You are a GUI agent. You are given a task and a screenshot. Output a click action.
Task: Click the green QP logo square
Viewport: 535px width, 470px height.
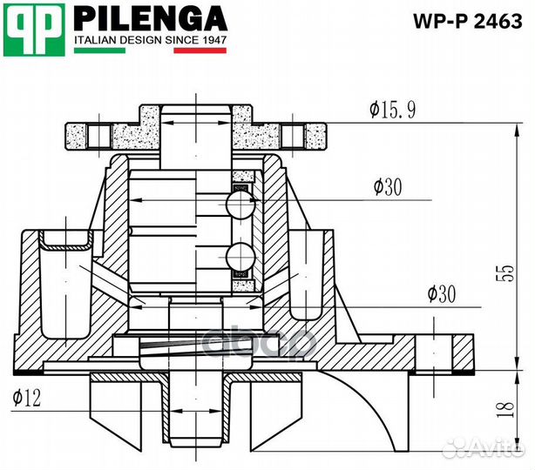coord(34,30)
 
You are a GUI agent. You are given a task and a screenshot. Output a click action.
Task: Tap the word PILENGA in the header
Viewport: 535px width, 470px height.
coord(150,19)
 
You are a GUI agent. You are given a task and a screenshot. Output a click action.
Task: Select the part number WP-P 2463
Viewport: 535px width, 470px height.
coord(468,21)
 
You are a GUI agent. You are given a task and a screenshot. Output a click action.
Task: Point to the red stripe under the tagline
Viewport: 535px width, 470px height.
coord(200,50)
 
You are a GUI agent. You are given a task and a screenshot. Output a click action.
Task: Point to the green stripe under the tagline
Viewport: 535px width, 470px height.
coord(99,50)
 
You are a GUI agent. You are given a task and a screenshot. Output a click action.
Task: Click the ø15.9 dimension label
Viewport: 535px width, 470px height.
coord(393,110)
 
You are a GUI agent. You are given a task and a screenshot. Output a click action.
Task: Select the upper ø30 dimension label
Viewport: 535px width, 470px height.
coord(388,187)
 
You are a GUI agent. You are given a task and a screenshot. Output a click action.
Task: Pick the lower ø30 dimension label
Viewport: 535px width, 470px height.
coord(442,293)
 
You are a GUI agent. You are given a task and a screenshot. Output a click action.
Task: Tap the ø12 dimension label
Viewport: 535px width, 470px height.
coord(27,398)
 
